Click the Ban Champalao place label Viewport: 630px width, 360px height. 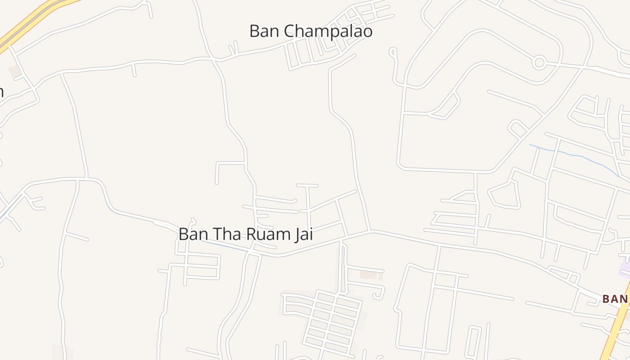[x=310, y=31]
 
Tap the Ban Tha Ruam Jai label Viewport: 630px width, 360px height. [x=245, y=234]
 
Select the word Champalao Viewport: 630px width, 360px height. [x=328, y=31]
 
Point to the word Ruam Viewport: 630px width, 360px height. [x=267, y=234]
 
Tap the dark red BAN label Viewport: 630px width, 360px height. [x=615, y=299]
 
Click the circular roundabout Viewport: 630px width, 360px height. [x=539, y=63]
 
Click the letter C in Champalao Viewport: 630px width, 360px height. [x=290, y=31]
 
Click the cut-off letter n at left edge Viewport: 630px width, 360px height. [x=1, y=92]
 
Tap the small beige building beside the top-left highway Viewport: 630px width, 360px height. [x=14, y=71]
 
